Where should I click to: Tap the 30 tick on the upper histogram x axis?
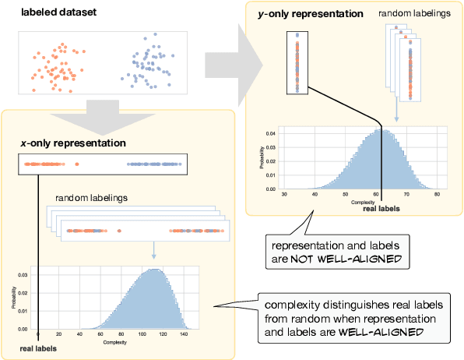(x=285, y=194)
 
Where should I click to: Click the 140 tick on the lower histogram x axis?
(x=183, y=334)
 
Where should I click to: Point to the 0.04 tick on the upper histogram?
(x=270, y=134)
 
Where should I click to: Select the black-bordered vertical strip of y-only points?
(x=297, y=62)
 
